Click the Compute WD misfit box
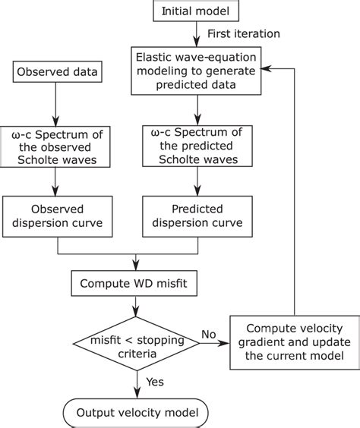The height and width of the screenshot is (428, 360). pyautogui.click(x=136, y=284)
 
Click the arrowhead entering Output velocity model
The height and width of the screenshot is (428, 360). pyautogui.click(x=136, y=394)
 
